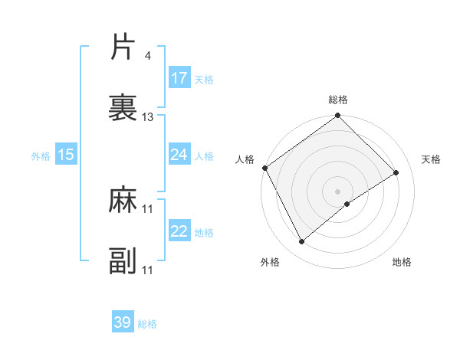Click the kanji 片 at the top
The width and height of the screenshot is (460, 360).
[x=123, y=48]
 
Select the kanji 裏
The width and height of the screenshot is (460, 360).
[x=123, y=107]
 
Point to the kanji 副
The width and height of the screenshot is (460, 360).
[x=123, y=260]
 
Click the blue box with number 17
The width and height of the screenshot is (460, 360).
[x=179, y=78]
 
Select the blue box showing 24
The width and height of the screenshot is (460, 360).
[x=179, y=155]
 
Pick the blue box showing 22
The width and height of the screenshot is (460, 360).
[x=179, y=231]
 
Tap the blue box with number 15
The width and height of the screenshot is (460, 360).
[x=66, y=155]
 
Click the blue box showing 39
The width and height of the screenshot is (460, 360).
[x=123, y=322]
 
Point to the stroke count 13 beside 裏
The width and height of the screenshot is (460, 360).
[x=148, y=117]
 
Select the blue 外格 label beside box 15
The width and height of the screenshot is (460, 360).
[x=41, y=155]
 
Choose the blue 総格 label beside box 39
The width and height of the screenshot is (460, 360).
[x=148, y=324]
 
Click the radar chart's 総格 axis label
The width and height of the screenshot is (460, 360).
[x=338, y=100]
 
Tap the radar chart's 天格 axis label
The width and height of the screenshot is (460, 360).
[x=431, y=159]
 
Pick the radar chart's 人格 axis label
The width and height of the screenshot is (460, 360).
[x=245, y=159]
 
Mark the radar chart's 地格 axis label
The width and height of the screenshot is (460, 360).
[x=402, y=262]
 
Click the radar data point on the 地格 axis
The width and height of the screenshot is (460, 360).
[x=347, y=204]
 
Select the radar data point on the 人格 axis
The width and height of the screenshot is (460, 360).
[x=264, y=168]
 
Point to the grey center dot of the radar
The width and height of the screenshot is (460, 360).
[x=338, y=191]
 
